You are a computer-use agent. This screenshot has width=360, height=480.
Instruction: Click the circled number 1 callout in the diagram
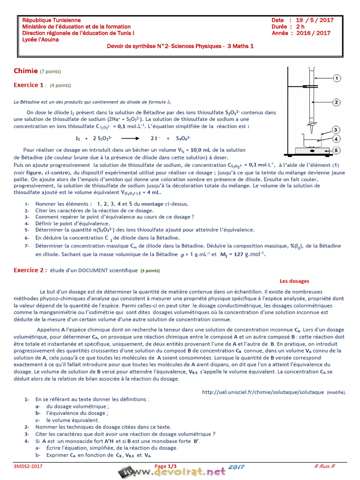(x=337, y=79)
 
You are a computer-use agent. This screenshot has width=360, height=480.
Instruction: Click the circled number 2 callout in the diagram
(x=337, y=102)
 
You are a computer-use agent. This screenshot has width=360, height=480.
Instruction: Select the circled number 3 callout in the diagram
(x=336, y=129)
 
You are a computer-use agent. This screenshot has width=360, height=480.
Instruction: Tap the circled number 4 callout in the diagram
(x=336, y=139)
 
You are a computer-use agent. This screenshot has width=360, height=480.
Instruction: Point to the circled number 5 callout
(x=337, y=150)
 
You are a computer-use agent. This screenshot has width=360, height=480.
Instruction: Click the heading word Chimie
(x=26, y=71)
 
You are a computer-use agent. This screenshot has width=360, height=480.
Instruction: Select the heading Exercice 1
(x=29, y=85)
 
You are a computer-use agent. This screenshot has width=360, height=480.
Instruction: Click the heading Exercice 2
(x=29, y=270)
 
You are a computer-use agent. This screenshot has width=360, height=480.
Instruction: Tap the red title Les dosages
(x=294, y=281)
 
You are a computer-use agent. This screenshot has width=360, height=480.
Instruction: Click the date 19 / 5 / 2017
(x=315, y=20)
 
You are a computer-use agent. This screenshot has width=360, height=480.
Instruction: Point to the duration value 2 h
(x=300, y=27)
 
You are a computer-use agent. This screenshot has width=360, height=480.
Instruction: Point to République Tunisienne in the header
(x=52, y=20)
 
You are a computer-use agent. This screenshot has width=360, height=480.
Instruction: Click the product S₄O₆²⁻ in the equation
(x=184, y=138)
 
